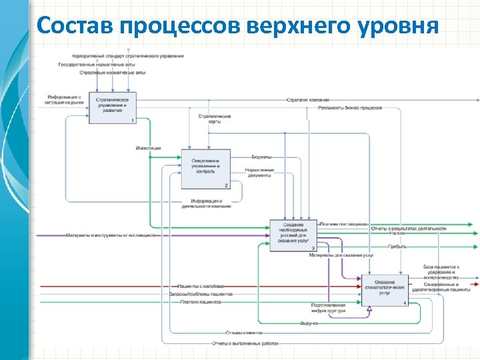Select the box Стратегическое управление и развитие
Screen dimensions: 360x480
tap(113, 107)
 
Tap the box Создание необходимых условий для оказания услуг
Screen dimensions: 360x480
tap(293, 235)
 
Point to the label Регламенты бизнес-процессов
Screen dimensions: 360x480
tap(350, 108)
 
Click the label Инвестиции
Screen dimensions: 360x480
tap(148, 147)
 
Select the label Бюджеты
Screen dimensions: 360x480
tap(261, 157)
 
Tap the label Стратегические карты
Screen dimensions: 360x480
tap(215, 119)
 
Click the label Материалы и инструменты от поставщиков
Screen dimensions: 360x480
tap(111, 235)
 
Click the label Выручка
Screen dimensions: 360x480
tap(309, 323)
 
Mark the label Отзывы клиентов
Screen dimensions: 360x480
tap(243, 332)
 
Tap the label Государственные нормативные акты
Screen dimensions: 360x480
tap(97, 65)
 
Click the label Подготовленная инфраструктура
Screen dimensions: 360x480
tap(328, 308)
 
